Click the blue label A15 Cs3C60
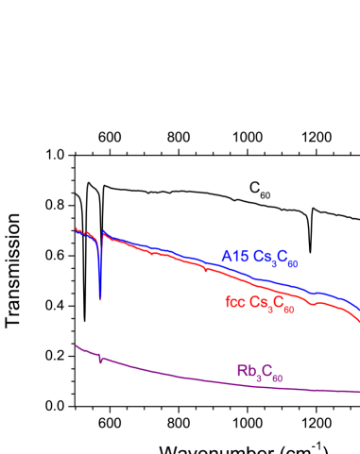pos(260,258)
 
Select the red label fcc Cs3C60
pos(260,304)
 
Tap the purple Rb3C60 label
pos(260,372)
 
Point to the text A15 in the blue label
pos(234,256)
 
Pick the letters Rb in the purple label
pos(245,370)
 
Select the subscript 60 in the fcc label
pos(288,309)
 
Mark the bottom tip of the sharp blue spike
pos(99,299)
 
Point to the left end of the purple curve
pos(76,345)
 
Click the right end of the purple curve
pos(359,392)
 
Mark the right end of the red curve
pos(359,323)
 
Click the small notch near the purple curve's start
pos(100,360)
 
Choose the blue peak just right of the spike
pos(104,232)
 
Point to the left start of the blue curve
pos(76,227)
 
